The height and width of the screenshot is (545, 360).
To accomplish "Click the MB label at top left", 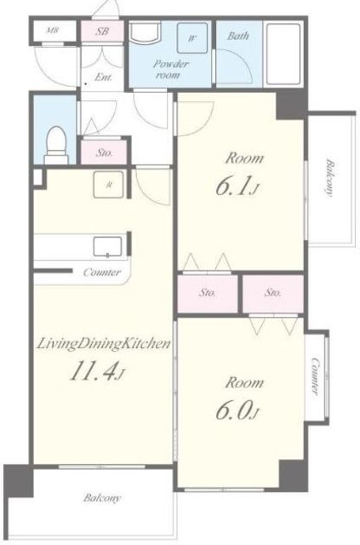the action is (53, 31).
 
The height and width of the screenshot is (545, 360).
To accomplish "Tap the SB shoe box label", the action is (102, 32).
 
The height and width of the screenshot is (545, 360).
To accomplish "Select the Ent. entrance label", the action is (103, 77).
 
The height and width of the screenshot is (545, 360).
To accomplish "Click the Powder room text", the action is (170, 69).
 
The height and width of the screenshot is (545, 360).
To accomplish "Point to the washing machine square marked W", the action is (192, 37).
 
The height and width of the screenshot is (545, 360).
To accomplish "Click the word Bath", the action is (237, 36).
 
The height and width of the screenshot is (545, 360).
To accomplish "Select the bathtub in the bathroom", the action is (284, 54).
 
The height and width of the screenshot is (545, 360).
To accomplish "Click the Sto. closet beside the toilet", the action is (104, 152).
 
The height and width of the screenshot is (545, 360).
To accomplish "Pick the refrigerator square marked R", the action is (108, 185).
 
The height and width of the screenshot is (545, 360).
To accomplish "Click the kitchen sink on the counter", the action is (108, 246).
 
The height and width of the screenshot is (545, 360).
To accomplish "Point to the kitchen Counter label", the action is (102, 272).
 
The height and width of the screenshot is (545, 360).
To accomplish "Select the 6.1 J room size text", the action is (237, 187).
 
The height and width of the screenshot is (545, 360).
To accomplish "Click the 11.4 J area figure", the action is (97, 372).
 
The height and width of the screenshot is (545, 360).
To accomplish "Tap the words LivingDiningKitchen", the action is (104, 344).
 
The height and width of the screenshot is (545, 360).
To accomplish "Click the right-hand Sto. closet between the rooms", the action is (273, 293).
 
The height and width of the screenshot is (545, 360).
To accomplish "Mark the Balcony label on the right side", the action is (329, 178).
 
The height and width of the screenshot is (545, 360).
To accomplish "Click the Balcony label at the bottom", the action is (102, 497).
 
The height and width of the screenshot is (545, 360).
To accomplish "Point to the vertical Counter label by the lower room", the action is (315, 376).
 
